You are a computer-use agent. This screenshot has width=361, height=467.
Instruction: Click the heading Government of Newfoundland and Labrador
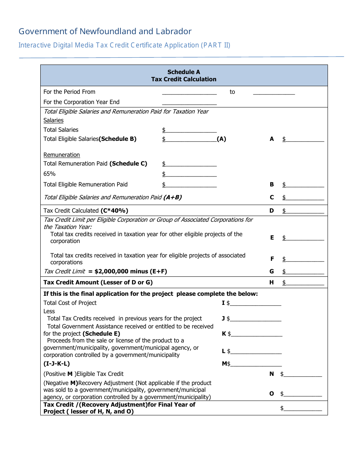[105, 32]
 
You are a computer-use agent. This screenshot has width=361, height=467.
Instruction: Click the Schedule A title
[184, 72]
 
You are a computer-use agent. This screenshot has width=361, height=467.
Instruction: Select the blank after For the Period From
[189, 92]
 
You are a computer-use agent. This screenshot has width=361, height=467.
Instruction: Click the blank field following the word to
[274, 92]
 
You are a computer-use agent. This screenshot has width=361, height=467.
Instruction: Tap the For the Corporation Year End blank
[189, 103]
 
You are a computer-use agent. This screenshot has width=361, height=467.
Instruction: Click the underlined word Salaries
[54, 120]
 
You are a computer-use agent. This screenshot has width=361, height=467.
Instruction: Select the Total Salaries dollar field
[191, 130]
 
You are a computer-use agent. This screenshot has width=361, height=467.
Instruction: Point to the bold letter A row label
[272, 139]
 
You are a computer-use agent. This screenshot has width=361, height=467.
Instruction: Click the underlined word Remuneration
[62, 155]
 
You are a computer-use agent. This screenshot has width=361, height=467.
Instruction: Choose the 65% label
[49, 174]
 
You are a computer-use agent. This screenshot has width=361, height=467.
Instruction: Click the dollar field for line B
[304, 185]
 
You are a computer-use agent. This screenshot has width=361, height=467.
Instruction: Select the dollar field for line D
[304, 211]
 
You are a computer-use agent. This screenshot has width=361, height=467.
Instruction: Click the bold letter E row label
[272, 238]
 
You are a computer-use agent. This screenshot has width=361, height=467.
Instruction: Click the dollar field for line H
[304, 283]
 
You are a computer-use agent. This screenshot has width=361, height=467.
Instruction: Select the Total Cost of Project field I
[255, 303]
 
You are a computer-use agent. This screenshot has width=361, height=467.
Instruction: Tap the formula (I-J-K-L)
[57, 364]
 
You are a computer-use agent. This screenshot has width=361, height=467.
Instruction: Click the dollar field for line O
[302, 394]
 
